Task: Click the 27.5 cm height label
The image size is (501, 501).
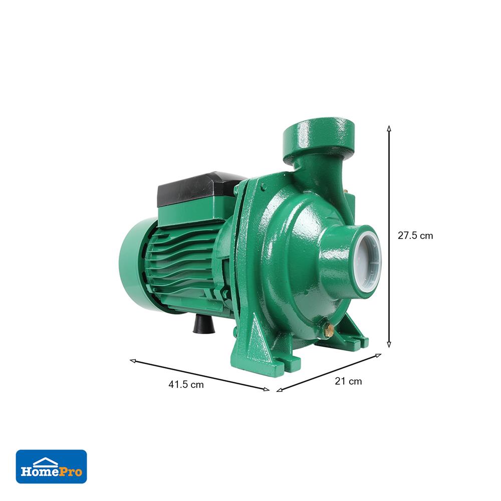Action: pyautogui.click(x=415, y=236)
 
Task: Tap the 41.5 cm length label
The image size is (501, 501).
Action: pyautogui.click(x=186, y=384)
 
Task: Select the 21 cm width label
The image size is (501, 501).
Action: pyautogui.click(x=348, y=381)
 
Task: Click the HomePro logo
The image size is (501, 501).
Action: pyautogui.click(x=52, y=466)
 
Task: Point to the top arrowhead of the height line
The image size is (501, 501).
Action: pyautogui.click(x=389, y=128)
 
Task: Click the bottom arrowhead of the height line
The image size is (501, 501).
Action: pyautogui.click(x=389, y=345)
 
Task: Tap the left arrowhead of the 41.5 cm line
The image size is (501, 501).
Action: pyautogui.click(x=133, y=361)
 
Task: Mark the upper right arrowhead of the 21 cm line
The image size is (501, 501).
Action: pyautogui.click(x=378, y=355)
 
